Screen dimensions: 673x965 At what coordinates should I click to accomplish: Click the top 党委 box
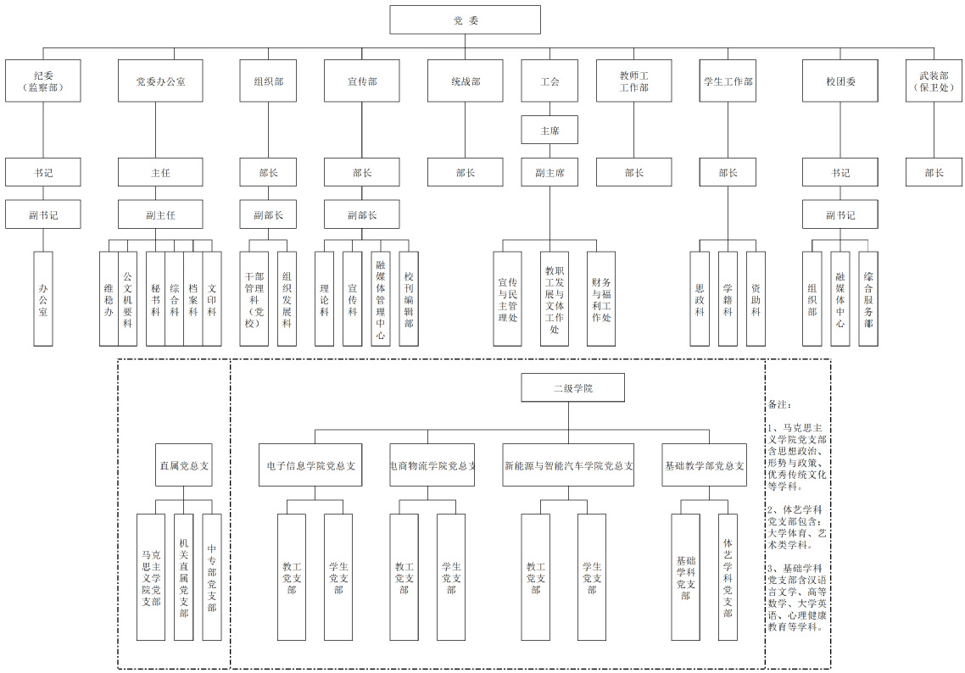pyautogui.click(x=465, y=20)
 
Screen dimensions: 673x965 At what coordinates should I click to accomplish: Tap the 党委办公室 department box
pyautogui.click(x=160, y=81)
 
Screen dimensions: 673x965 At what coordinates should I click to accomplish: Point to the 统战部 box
pyautogui.click(x=465, y=81)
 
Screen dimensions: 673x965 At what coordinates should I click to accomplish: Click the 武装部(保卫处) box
pyautogui.click(x=934, y=81)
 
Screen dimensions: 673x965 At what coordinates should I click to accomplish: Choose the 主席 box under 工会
pyautogui.click(x=549, y=131)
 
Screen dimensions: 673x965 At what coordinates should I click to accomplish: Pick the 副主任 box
pyautogui.click(x=160, y=214)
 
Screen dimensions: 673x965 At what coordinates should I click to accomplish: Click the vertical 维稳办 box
pyautogui.click(x=109, y=298)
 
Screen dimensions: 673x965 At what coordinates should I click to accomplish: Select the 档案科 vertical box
pyautogui.click(x=193, y=298)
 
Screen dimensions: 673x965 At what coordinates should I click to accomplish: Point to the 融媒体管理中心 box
pyautogui.click(x=381, y=298)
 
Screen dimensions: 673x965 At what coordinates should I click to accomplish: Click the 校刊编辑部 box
pyautogui.click(x=409, y=298)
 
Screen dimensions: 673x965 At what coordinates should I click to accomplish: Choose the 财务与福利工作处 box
pyautogui.click(x=601, y=298)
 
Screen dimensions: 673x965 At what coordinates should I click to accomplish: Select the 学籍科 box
pyautogui.click(x=728, y=298)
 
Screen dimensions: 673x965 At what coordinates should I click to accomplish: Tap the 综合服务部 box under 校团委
pyautogui.click(x=868, y=298)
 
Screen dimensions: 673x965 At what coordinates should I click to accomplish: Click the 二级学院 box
pyautogui.click(x=573, y=387)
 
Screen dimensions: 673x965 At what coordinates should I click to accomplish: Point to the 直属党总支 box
pyautogui.click(x=184, y=465)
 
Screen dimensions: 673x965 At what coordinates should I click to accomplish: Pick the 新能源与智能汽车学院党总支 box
pyautogui.click(x=568, y=465)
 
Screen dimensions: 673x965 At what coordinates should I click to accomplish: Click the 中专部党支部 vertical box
pyautogui.click(x=212, y=577)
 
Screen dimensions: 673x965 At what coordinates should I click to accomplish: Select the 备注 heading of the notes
pyautogui.click(x=779, y=404)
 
